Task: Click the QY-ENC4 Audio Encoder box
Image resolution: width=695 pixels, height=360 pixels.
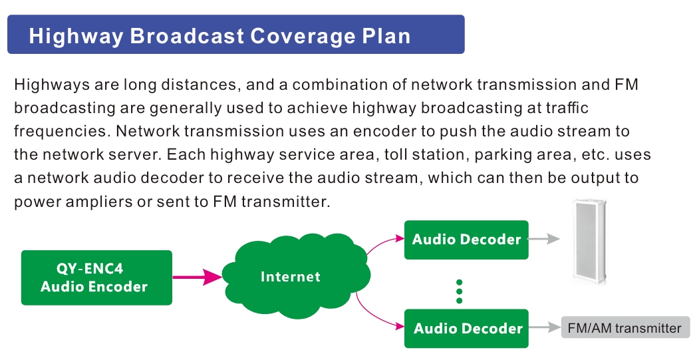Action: (x=96, y=277)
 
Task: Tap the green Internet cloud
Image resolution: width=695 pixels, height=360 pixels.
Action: (x=296, y=276)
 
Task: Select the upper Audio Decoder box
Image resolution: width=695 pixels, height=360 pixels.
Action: (x=466, y=240)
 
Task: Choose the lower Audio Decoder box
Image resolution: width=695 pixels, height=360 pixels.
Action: (x=466, y=329)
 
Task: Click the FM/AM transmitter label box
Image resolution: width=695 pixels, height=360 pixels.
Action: (x=625, y=327)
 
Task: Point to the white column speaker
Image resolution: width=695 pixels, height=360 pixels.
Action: (x=589, y=242)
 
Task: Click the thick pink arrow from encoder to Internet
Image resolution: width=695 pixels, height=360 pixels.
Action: (x=198, y=277)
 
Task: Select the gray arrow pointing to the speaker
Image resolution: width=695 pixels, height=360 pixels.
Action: (x=544, y=239)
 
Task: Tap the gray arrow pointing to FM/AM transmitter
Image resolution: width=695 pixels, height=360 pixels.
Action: (x=545, y=327)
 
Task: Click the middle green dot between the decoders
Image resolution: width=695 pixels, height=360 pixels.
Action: (x=459, y=291)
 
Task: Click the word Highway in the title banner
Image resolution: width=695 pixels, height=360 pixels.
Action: (x=76, y=37)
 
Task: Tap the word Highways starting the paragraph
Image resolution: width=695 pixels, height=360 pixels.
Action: (x=52, y=85)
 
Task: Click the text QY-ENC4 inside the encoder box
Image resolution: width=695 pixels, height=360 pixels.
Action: (x=90, y=269)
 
